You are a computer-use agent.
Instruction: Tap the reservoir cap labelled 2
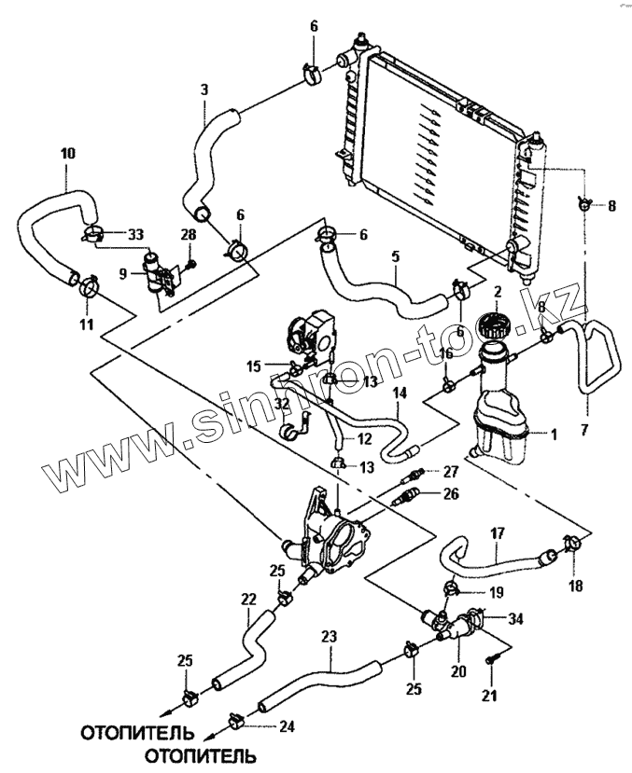(491, 328)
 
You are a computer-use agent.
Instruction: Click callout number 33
(134, 232)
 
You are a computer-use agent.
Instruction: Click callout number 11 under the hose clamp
(86, 324)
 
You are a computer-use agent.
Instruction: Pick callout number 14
(399, 393)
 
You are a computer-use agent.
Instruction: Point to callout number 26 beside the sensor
(451, 494)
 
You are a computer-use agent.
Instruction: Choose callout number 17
(498, 534)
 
